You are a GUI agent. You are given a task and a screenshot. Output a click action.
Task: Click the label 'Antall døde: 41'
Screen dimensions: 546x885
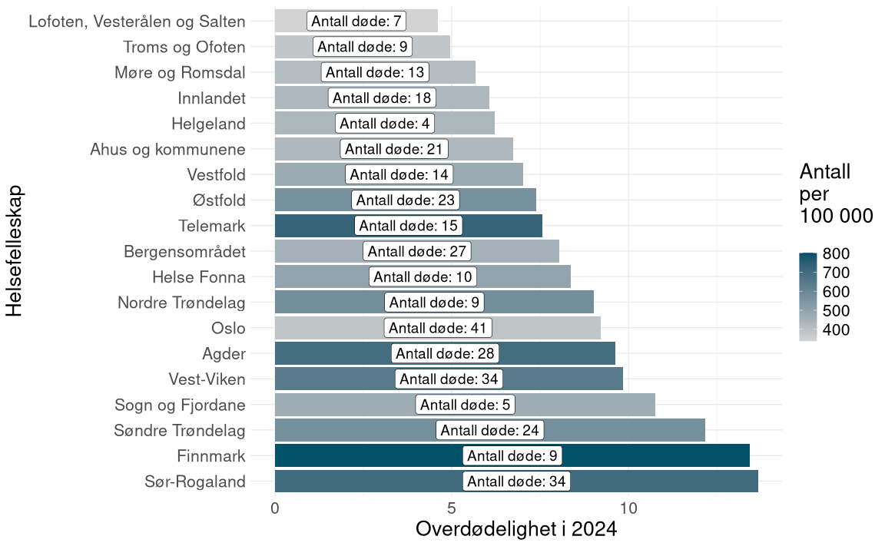coord(438,328)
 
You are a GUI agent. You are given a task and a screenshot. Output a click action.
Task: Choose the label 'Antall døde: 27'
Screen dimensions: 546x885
coord(416,251)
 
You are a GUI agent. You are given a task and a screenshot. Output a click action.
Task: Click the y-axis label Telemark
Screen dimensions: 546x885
coord(211,226)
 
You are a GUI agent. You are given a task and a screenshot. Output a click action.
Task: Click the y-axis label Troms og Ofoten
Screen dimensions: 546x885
coord(184,47)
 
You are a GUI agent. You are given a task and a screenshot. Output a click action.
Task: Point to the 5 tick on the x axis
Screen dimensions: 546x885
coord(452,508)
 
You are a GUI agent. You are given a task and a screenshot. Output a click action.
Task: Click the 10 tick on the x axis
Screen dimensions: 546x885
coord(628,508)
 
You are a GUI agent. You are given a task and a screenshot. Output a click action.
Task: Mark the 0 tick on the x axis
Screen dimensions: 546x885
coord(275,508)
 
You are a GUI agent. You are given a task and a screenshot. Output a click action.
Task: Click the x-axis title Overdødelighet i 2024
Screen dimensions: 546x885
coord(516,530)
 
